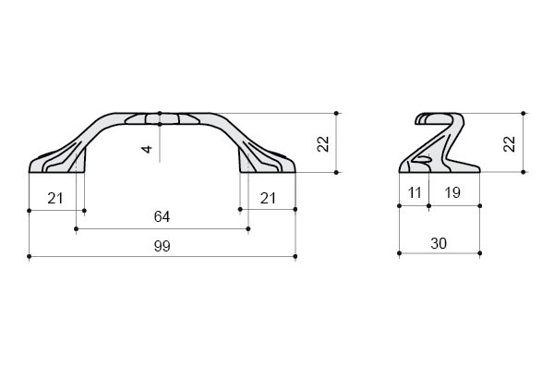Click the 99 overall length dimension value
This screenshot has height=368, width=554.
(163, 246)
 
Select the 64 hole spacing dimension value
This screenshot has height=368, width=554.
(163, 217)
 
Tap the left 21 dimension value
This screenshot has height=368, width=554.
(55, 199)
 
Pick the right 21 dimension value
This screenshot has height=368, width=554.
(268, 199)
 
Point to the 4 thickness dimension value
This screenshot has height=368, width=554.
(148, 149)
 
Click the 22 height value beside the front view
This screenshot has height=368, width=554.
(323, 143)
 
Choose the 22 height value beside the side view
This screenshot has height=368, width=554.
(510, 143)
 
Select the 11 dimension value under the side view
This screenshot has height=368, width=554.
(415, 193)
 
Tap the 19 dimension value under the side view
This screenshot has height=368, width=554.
(452, 193)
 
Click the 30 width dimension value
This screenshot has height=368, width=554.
(439, 244)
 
